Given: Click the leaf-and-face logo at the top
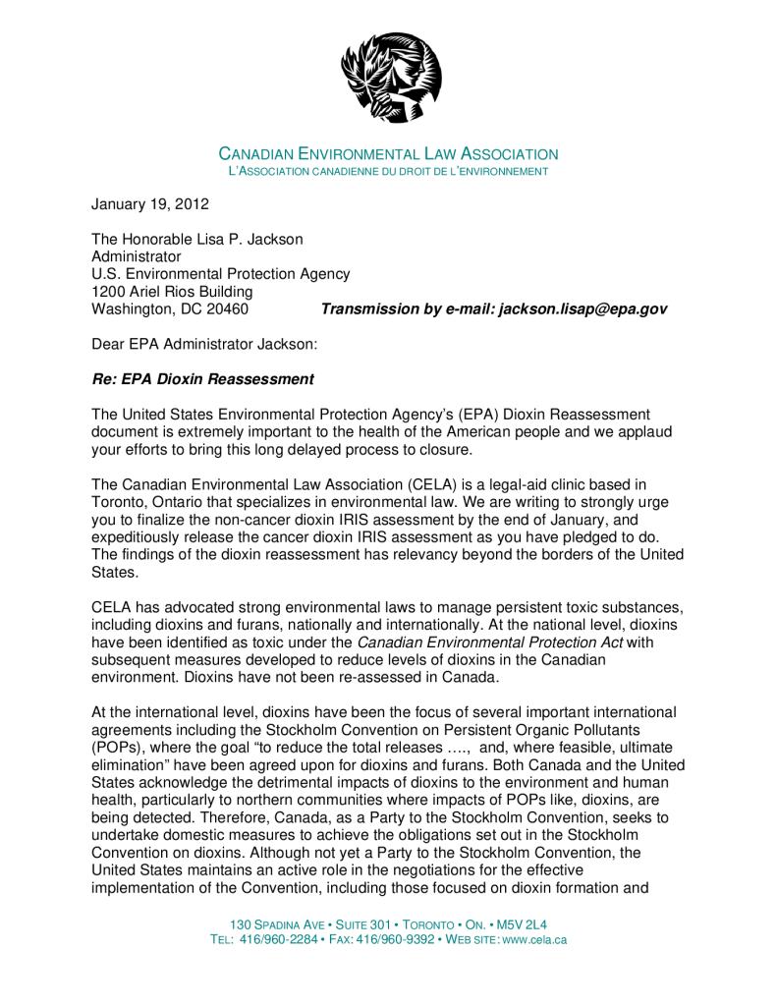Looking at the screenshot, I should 390,77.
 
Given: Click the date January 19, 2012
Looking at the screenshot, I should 150,204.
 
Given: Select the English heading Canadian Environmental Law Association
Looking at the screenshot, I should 388,154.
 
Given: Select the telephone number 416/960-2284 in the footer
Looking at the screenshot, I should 277,940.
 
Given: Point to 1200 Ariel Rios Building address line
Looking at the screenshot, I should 172,292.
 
